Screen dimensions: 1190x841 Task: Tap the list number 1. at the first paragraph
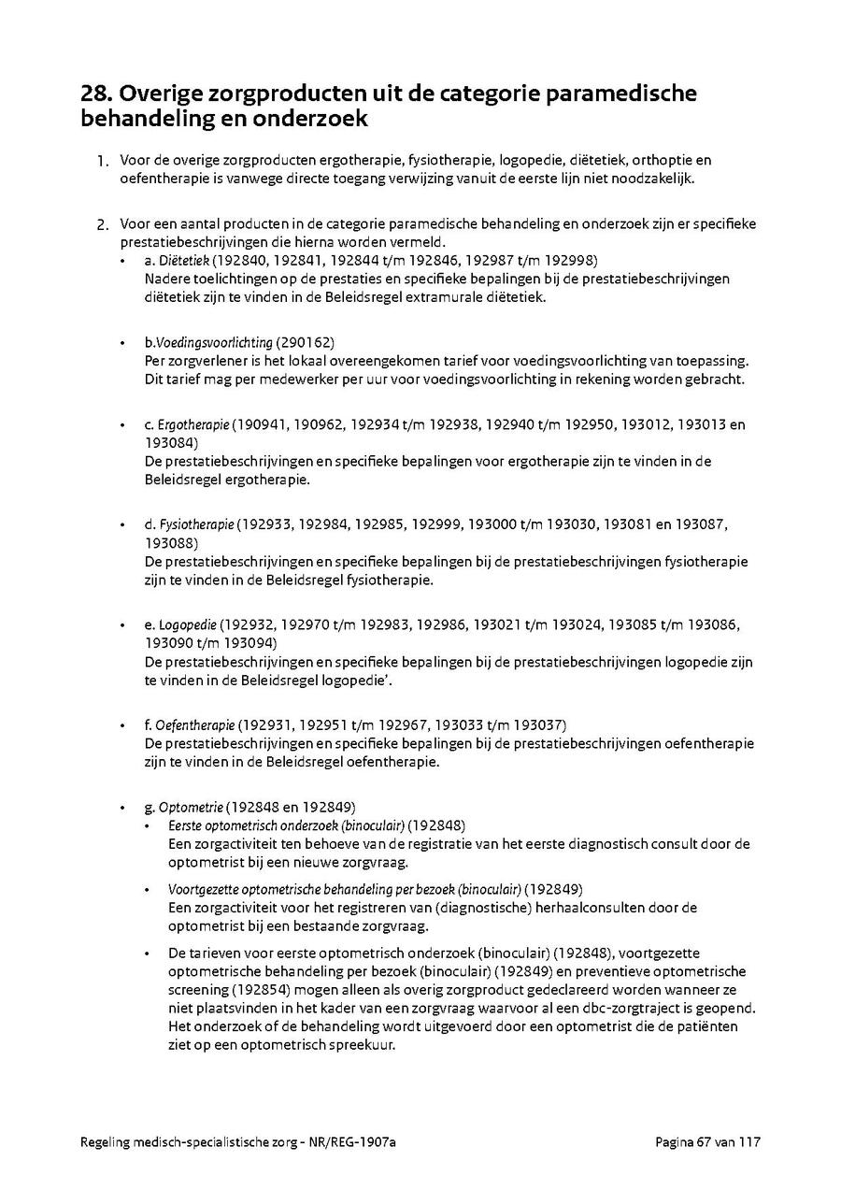pyautogui.click(x=104, y=161)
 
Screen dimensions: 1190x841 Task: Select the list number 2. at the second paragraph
pyautogui.click(x=104, y=224)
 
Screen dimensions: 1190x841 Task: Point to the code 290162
pyautogui.click(x=306, y=342)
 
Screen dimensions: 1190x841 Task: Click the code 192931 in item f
pyautogui.click(x=269, y=725)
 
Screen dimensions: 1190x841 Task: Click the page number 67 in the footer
pyautogui.click(x=704, y=1142)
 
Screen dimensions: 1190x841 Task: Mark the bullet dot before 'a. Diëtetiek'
pyautogui.click(x=124, y=260)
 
